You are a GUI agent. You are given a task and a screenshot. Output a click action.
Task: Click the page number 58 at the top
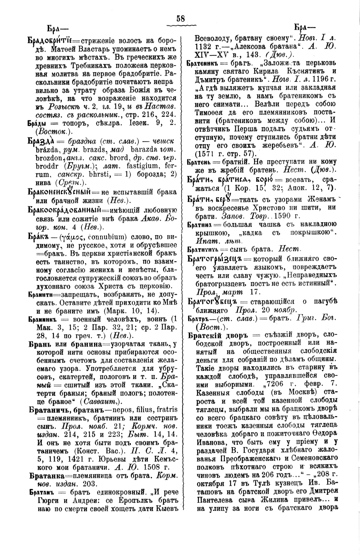180,19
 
